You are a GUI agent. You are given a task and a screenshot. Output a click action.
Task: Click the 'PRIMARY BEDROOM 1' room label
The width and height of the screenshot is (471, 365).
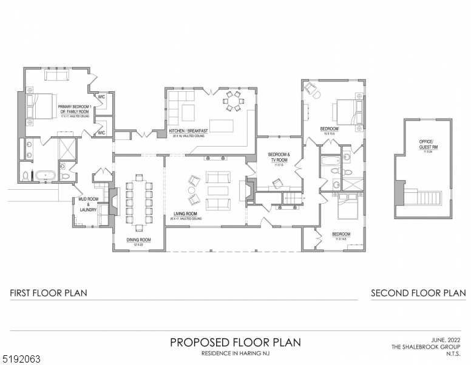pyautogui.click(x=73, y=106)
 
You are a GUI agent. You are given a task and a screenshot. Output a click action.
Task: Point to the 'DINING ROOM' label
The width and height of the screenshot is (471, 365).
pyautogui.click(x=138, y=240)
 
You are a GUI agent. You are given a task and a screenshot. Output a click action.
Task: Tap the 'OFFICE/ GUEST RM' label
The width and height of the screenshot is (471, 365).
pyautogui.click(x=425, y=144)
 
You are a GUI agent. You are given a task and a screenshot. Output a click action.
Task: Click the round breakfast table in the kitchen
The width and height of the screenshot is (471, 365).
pyautogui.click(x=232, y=101)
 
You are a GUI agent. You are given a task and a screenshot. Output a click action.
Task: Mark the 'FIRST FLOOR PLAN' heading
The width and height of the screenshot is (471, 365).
pyautogui.click(x=49, y=293)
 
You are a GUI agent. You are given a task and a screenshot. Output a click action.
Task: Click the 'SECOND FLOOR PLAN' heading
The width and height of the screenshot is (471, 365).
pyautogui.click(x=418, y=293)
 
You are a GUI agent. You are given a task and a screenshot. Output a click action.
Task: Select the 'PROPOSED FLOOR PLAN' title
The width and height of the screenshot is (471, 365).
pyautogui.click(x=235, y=342)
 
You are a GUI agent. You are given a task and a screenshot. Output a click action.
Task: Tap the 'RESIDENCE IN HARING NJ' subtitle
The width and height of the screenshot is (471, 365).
pyautogui.click(x=234, y=353)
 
